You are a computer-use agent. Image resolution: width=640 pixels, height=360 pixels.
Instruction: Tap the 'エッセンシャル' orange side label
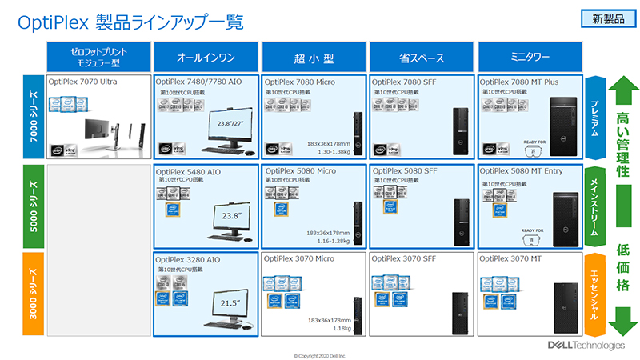pos(594,294)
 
